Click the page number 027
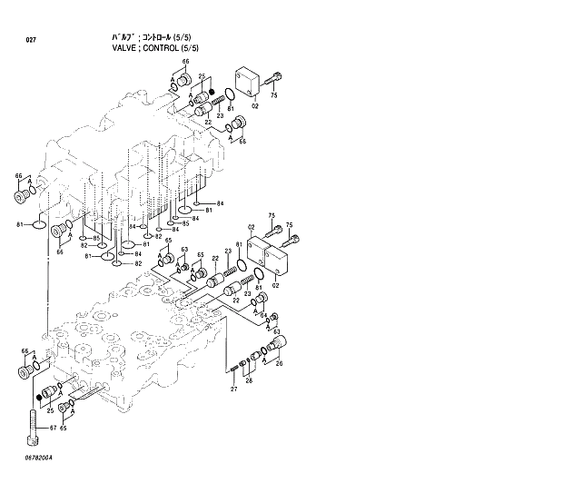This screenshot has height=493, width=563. point(31,41)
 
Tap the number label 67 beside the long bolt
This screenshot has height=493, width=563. point(52,428)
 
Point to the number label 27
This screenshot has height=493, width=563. point(233,389)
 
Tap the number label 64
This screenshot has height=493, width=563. point(264,315)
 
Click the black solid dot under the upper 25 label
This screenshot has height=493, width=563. point(212,92)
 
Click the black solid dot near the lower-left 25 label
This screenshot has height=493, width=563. point(38,396)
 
